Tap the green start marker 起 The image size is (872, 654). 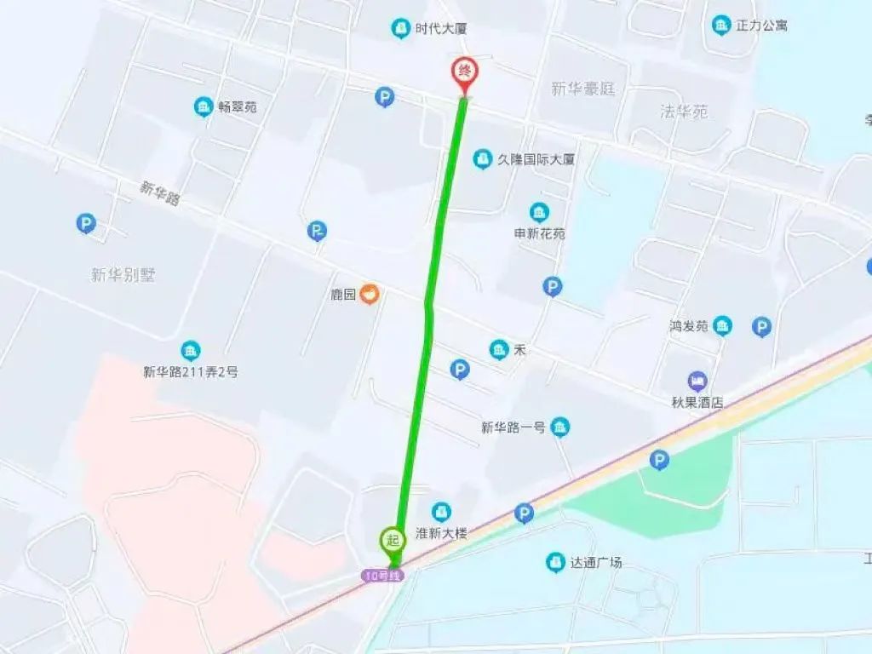coord(393,540)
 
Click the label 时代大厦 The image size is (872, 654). coord(441,28)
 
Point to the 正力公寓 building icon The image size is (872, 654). coord(721,25)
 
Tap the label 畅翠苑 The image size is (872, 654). coord(238,107)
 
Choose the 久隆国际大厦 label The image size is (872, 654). coord(536,159)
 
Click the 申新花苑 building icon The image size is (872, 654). coord(538,212)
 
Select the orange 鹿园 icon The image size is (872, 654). coord(370,295)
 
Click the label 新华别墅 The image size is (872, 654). coord(123,275)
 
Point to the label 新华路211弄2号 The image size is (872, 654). coord(191,371)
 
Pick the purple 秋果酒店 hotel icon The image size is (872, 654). coord(697,381)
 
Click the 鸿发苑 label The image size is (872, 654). coord(689,326)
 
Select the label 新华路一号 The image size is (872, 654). coord(513,427)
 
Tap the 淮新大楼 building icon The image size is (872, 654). coord(441,512)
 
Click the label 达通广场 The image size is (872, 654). coord(596,563)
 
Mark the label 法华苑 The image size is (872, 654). coord(684,112)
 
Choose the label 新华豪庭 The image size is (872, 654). coord(582,89)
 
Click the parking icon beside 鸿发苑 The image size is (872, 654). coord(761,326)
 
